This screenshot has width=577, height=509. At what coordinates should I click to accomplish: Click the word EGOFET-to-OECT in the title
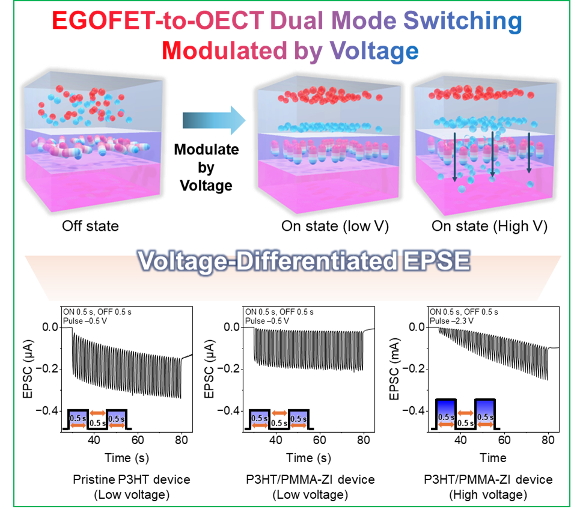(x=158, y=22)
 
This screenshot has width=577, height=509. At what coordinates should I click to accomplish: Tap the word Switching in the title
(x=462, y=22)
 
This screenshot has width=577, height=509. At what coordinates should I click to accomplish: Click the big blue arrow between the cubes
(x=214, y=121)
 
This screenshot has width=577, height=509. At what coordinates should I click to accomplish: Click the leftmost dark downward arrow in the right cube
(x=454, y=157)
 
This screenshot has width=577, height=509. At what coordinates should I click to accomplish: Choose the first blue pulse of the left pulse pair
(x=78, y=420)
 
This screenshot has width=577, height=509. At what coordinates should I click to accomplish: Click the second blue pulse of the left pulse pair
(x=117, y=420)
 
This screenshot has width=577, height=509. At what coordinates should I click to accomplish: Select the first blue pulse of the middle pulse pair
(x=259, y=420)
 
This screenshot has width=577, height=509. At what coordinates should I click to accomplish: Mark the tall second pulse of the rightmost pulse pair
(x=485, y=415)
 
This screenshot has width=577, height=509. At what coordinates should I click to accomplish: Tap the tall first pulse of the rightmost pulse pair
(x=446, y=415)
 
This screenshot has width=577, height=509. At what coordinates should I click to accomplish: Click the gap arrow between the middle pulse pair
(x=279, y=413)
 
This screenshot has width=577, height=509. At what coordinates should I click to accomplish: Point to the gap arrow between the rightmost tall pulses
(x=465, y=413)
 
